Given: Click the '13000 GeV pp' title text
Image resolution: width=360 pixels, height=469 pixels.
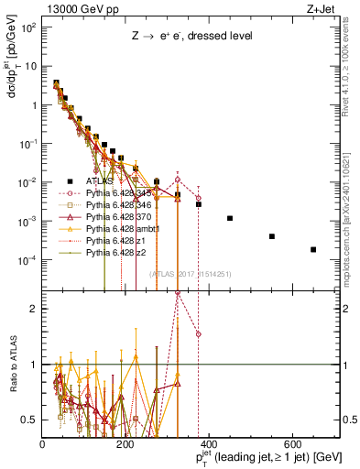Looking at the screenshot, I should coord(76,10).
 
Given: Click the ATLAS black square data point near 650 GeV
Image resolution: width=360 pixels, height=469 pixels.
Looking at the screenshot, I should coord(313,249).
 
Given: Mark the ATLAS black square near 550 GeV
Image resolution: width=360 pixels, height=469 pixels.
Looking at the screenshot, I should coord(272,236).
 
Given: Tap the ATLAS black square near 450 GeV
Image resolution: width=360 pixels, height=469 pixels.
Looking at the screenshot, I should coord(230,218).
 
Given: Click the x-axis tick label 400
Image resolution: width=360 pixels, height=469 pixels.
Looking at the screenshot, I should coord(209,444).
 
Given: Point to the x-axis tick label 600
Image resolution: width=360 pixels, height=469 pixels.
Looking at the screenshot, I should coord(293,444).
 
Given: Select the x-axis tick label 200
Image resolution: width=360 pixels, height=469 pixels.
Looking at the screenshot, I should coord(125,444).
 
